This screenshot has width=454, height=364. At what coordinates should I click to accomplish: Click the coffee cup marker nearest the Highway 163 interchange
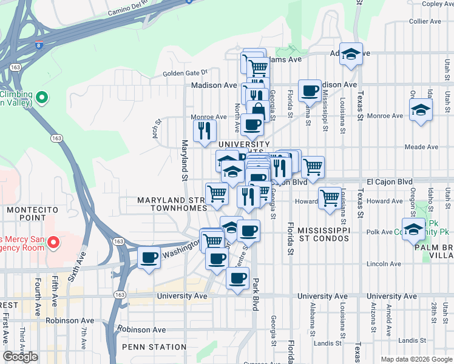[x=149, y=258]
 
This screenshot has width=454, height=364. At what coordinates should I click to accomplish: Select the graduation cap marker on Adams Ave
[x=351, y=55]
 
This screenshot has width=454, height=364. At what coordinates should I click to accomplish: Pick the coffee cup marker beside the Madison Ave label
[x=310, y=91]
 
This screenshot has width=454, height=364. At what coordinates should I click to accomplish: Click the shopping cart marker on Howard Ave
[x=329, y=197]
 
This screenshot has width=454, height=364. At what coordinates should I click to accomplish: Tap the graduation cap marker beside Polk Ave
[x=413, y=229]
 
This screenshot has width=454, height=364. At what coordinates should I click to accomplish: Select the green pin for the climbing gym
[x=42, y=97]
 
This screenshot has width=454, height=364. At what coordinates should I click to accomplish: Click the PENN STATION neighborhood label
[x=154, y=347]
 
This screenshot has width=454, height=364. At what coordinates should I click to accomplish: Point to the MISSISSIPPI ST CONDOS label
[x=316, y=235]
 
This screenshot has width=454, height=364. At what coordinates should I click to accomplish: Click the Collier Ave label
[x=425, y=21]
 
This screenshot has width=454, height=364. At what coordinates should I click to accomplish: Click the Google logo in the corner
[x=20, y=357]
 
